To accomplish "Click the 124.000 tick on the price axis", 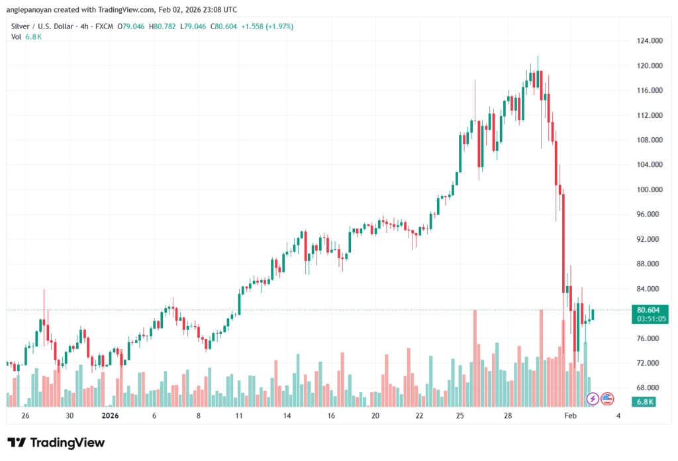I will (x=649, y=41).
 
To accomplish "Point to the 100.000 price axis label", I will (x=649, y=189).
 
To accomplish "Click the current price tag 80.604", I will (x=648, y=310).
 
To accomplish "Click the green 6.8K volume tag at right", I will (x=645, y=401).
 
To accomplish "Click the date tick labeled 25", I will (x=460, y=416).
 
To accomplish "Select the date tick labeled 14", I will (x=287, y=416).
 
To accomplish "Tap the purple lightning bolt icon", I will (x=593, y=399).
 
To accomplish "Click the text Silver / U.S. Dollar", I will (x=40, y=26).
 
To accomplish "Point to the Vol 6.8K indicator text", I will (x=27, y=36).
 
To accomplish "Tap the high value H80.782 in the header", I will (x=164, y=26).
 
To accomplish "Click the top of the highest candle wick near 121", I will (x=538, y=56).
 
